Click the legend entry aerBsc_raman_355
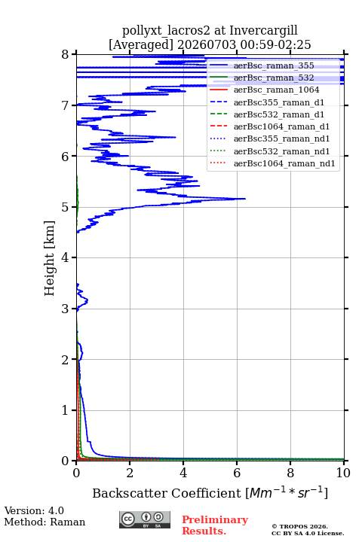[x=274, y=65]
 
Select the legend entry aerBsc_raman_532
[x=274, y=78]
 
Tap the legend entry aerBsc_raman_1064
[x=277, y=90]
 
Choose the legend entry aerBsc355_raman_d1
[x=279, y=102]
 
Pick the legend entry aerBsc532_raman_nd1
[x=281, y=151]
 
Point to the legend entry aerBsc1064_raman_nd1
[x=284, y=163]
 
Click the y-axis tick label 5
[x=65, y=207]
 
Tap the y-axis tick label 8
[x=65, y=54]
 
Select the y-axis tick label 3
[x=65, y=309]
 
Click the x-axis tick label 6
[x=237, y=473]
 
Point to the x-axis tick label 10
[x=343, y=473]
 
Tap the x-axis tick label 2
[x=130, y=473]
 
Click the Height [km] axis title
[x=49, y=258]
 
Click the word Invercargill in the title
[x=263, y=31]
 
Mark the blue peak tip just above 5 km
[x=245, y=199]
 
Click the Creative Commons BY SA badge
[x=145, y=519]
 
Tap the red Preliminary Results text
[x=215, y=525]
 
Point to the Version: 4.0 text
[x=34, y=510]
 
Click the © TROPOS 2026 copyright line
[x=299, y=526]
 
